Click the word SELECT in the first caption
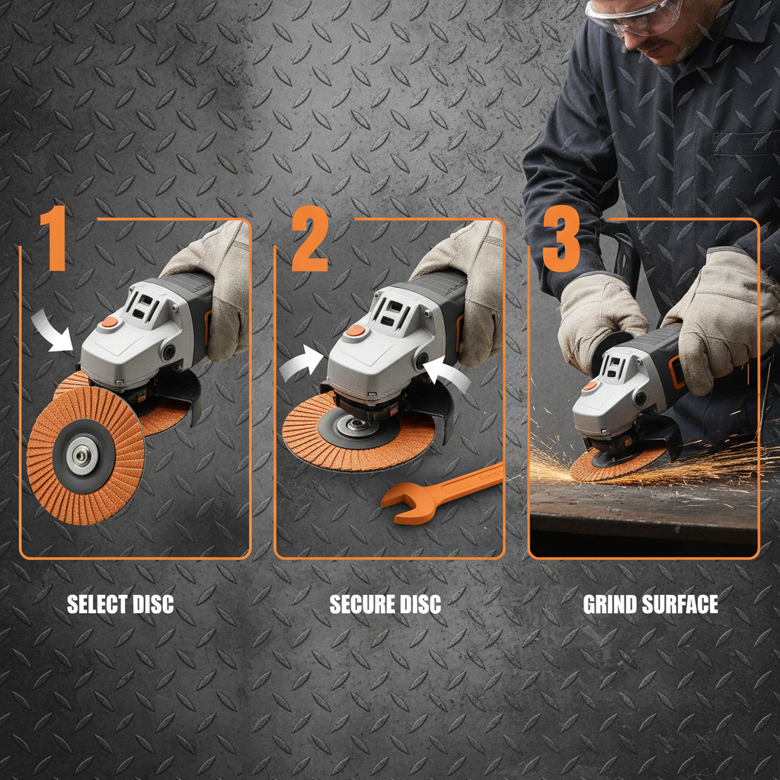pyautogui.click(x=94, y=605)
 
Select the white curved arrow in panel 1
pyautogui.click(x=53, y=334)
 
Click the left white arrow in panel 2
pyautogui.click(x=300, y=363)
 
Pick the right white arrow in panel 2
pyautogui.click(x=449, y=376)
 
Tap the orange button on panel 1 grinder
pyautogui.click(x=110, y=322)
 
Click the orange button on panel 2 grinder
pyautogui.click(x=355, y=331)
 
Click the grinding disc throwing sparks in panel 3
pyautogui.click(x=609, y=462)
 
